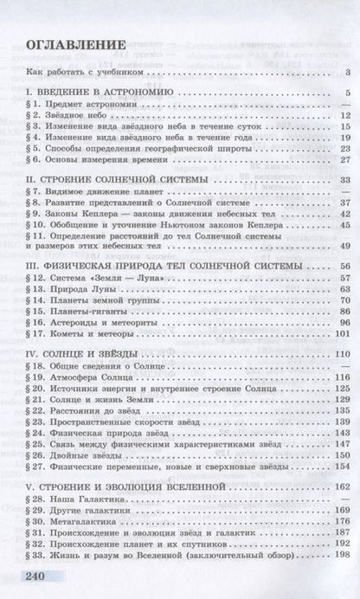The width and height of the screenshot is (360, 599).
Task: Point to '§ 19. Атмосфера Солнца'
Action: coord(83,377)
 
